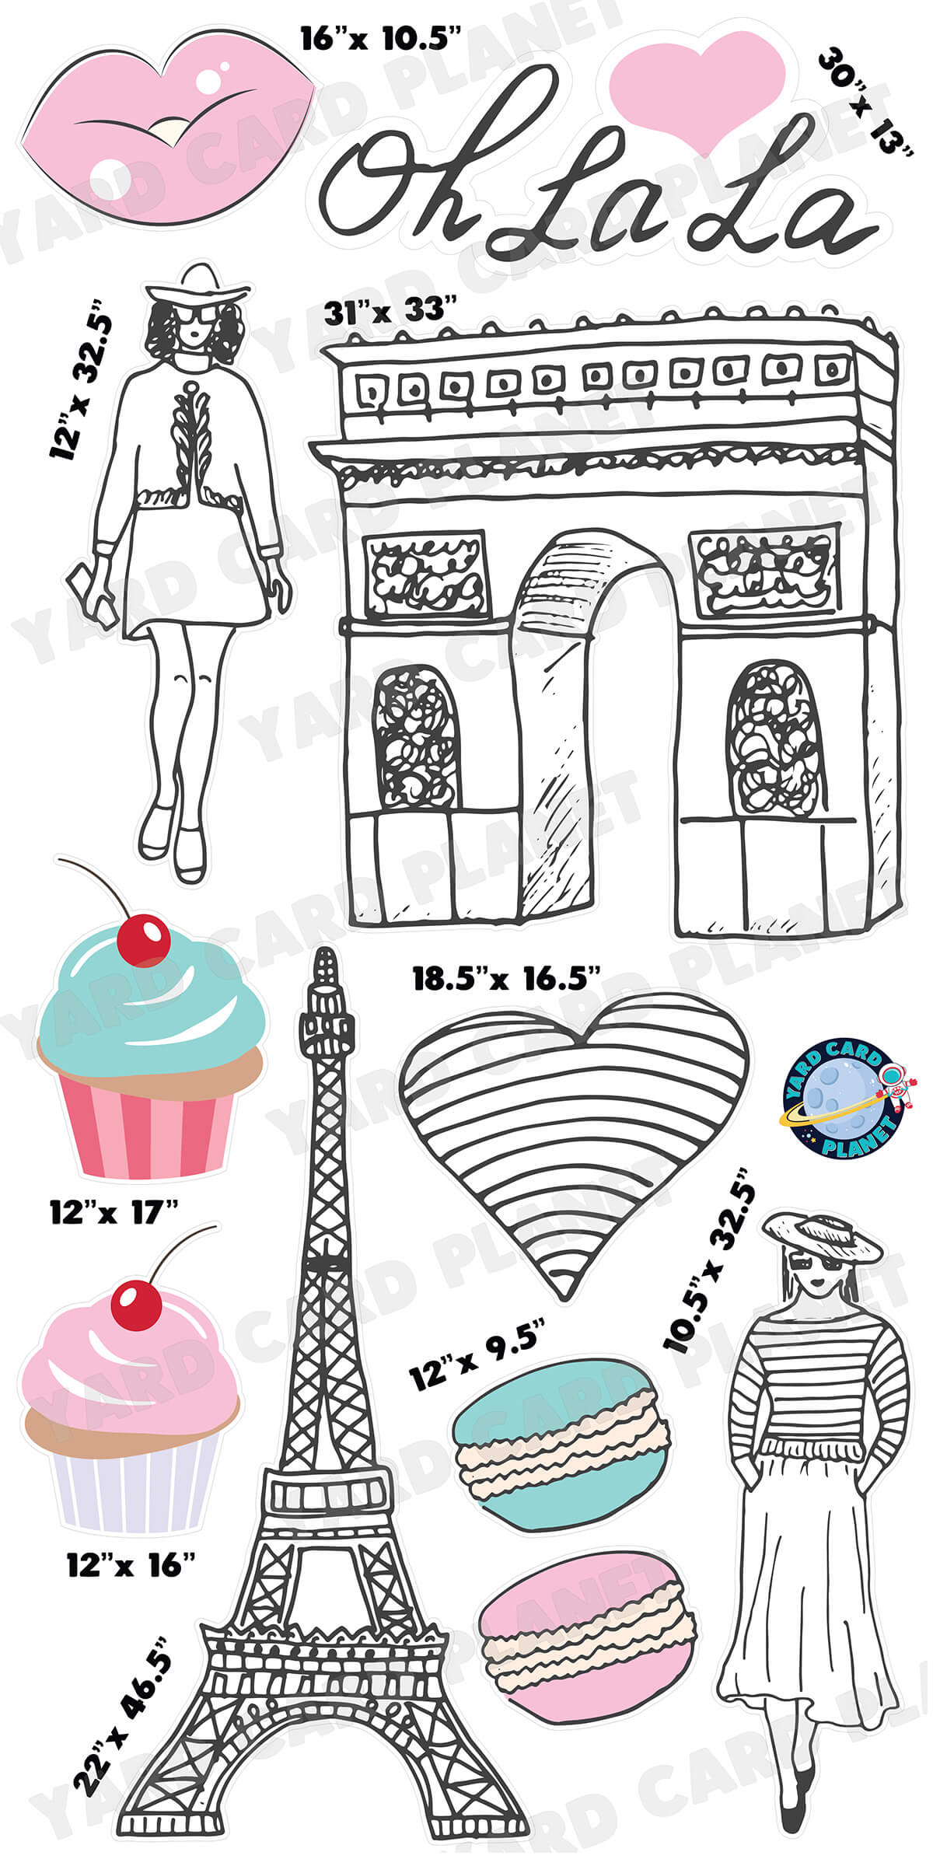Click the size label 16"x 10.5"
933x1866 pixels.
pos(381,37)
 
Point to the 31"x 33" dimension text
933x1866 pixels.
pos(389,313)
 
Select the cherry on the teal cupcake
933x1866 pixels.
pos(143,939)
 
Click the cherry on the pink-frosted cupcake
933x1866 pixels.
pos(135,1306)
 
